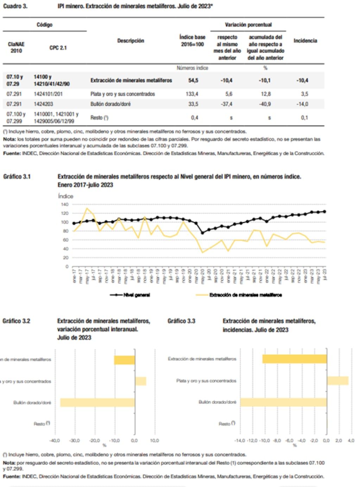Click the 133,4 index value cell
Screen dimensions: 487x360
coord(192,94)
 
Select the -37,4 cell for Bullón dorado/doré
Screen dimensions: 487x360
coord(226,104)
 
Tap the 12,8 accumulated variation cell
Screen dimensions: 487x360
coord(266,94)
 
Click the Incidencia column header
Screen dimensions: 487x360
coord(305,41)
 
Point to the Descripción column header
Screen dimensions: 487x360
coord(131,41)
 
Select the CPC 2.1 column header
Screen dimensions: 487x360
coord(58,48)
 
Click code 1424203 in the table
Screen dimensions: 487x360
coord(43,104)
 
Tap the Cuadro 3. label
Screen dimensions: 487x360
coord(15,6)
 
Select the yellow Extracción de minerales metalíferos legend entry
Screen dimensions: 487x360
coord(239,295)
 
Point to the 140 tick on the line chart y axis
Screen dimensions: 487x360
coord(65,205)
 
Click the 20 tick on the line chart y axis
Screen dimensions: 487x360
coord(66,258)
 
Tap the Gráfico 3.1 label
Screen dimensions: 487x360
coord(17,177)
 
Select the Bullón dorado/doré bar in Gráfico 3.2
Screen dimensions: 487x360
coord(97,402)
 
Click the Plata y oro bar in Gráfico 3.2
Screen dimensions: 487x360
coord(140,381)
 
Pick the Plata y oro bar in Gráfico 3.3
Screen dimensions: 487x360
coord(337,381)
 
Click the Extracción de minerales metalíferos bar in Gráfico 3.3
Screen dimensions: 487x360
coord(294,359)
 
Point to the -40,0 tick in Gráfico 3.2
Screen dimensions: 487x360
coord(55,441)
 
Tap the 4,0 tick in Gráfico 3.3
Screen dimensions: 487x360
coord(350,441)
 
